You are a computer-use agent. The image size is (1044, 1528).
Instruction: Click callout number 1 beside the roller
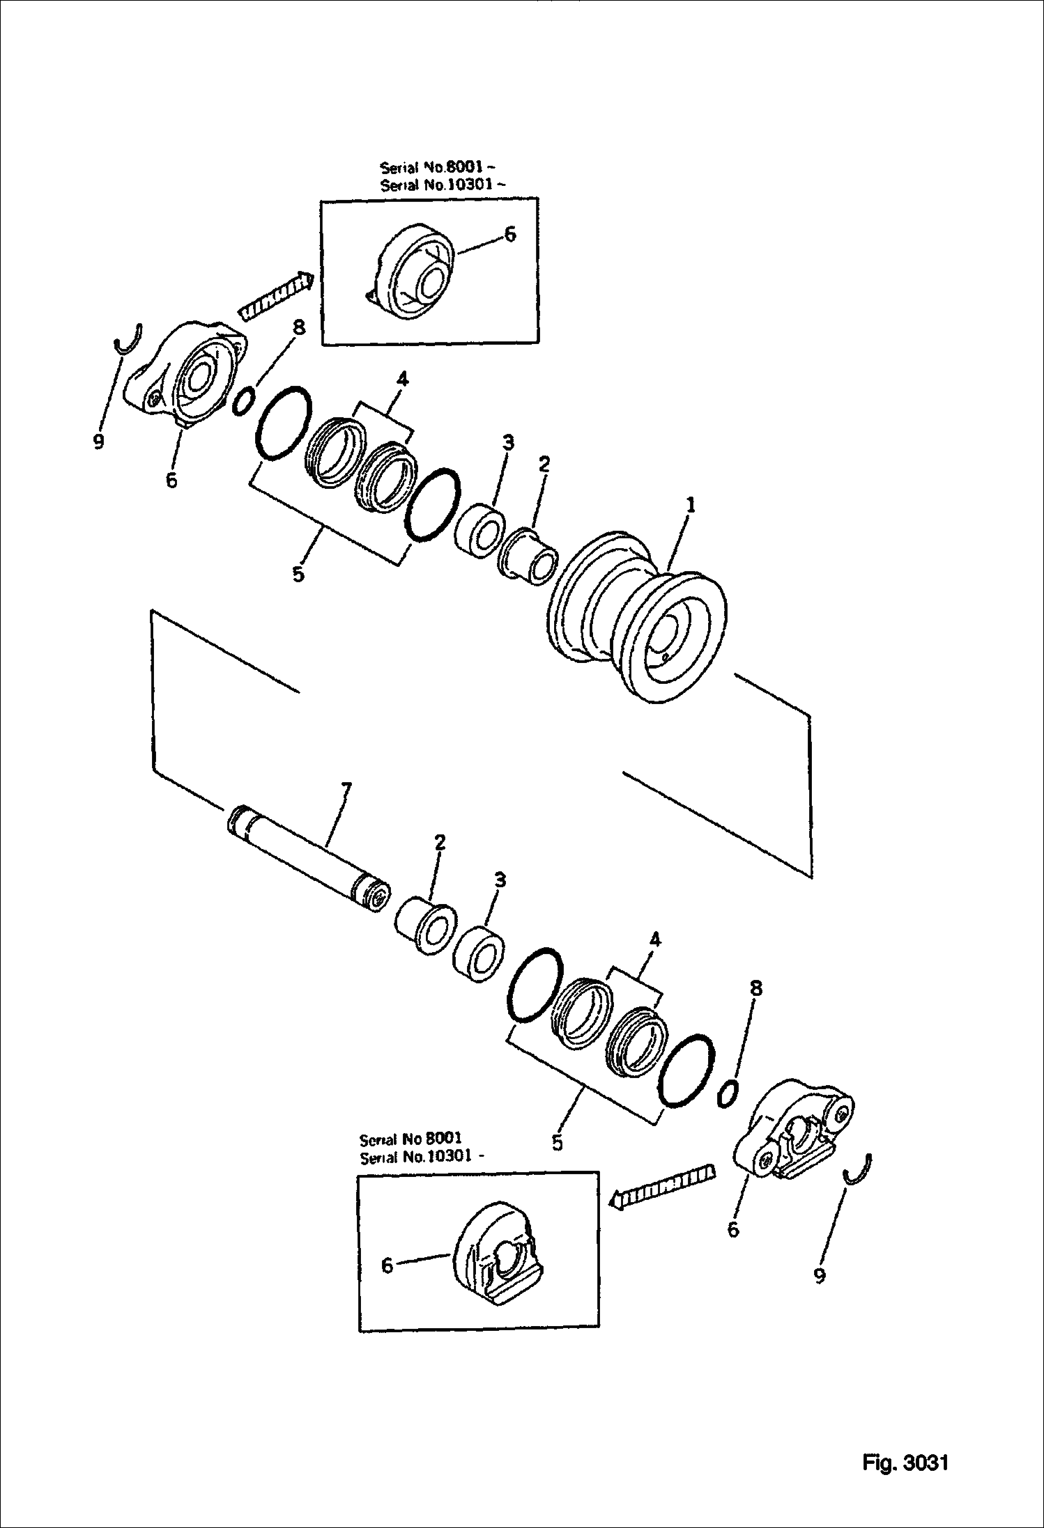[690, 506]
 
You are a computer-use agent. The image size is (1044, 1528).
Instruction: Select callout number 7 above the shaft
[346, 790]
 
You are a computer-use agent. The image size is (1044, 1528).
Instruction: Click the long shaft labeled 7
[309, 857]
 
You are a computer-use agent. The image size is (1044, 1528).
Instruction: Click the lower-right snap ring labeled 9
[859, 1170]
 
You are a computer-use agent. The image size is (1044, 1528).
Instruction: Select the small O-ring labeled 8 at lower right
[728, 1092]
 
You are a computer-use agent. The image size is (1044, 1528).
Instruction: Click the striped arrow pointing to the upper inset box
[275, 295]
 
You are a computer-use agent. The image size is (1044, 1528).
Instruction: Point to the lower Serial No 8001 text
[410, 1140]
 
